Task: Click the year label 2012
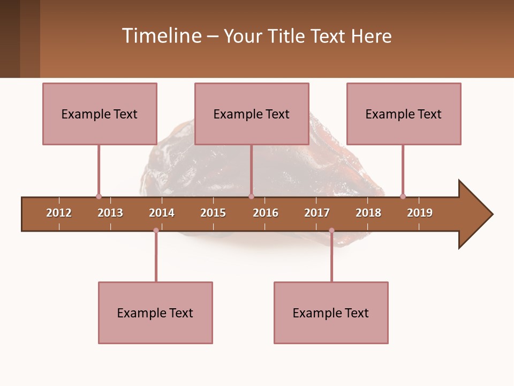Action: coord(59,213)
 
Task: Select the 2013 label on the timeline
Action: coord(110,213)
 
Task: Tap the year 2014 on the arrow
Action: coord(162,213)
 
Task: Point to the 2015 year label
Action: coord(213,213)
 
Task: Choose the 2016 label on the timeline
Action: coord(266,213)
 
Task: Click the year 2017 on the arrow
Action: coord(317,213)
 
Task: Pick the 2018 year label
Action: coord(368,213)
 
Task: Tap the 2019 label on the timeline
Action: coord(420,213)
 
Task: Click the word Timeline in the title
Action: coord(161,36)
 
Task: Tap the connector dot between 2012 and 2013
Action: coord(99,196)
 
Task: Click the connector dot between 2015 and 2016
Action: coord(251,196)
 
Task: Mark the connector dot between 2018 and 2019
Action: coord(403,196)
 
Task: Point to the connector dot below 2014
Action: coord(156,231)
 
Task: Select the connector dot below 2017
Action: coord(331,231)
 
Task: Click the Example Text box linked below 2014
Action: coord(155,313)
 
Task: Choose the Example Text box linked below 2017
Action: coord(331,313)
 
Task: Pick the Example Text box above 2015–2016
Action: coord(252,114)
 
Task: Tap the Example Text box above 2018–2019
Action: coord(404,114)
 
